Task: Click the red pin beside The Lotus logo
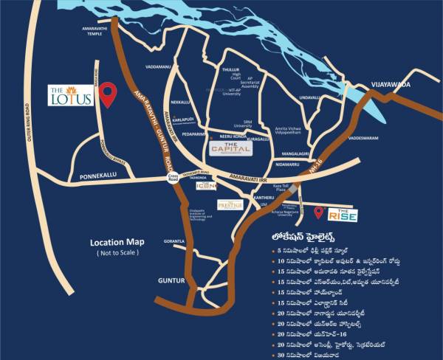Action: [109, 94]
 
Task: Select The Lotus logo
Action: [71, 96]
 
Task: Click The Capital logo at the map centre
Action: [232, 148]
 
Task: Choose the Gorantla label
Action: [175, 241]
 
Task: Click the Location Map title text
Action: [117, 242]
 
